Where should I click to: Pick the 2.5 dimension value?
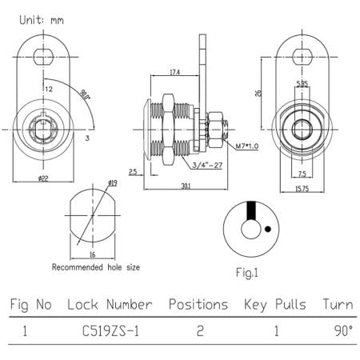tap(133, 171)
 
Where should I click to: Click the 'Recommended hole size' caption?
tap(96, 266)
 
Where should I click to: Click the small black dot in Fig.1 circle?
tap(266, 229)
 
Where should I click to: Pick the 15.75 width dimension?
tap(300, 188)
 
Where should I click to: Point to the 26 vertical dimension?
tap(259, 92)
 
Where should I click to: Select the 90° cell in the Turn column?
tap(340, 330)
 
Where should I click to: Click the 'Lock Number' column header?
tap(110, 305)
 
